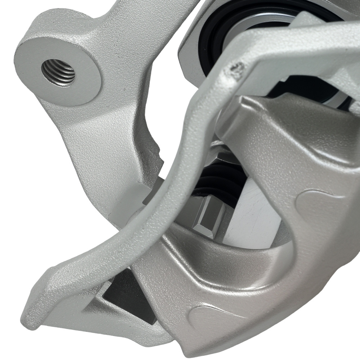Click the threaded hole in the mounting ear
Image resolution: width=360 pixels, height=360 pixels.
(58, 72)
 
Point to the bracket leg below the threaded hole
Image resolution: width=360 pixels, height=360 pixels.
(94, 144)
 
